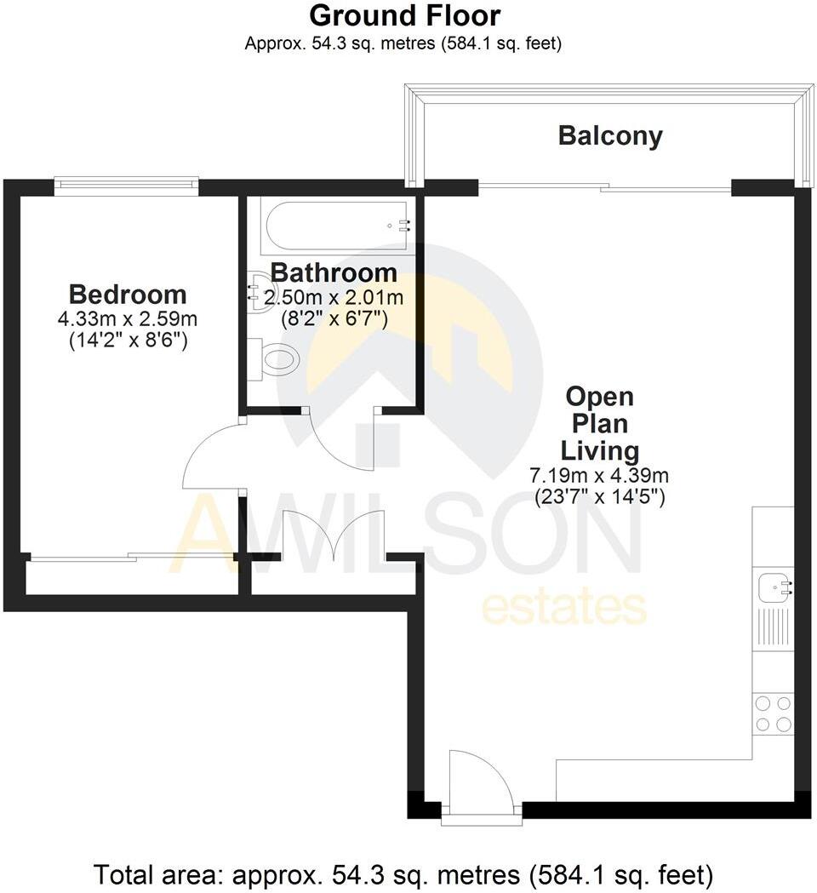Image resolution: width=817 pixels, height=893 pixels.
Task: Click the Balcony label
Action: click(x=610, y=136)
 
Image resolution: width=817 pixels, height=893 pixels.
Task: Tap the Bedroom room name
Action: click(x=128, y=295)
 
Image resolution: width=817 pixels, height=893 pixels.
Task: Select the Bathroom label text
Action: click(x=334, y=273)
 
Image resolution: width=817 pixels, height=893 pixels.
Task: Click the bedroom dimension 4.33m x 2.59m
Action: click(x=128, y=320)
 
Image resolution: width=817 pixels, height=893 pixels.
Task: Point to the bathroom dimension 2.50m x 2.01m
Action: click(x=334, y=298)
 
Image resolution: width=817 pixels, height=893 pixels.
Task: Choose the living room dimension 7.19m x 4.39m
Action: click(x=599, y=475)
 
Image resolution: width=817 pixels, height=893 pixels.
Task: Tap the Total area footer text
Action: click(x=403, y=874)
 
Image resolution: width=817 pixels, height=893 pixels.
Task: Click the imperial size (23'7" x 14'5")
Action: click(x=599, y=496)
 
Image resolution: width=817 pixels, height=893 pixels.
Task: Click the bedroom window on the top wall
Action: click(x=126, y=182)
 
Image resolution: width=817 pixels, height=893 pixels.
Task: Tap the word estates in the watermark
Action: click(x=564, y=608)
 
